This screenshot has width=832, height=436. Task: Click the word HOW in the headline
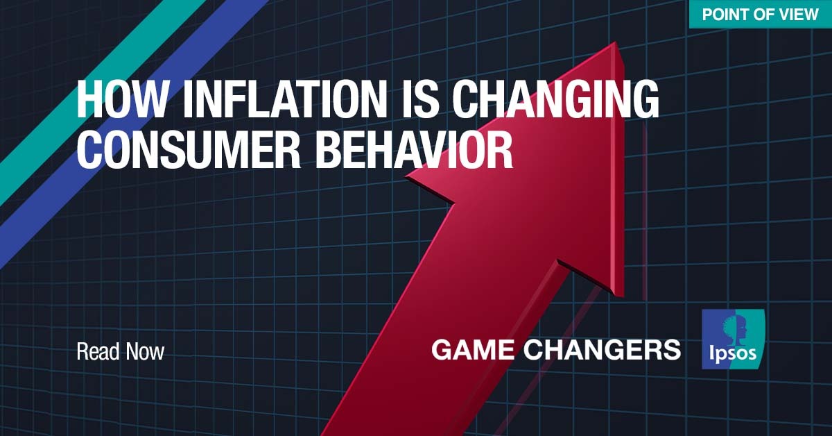coord(121,100)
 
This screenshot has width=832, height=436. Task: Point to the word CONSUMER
coord(189,151)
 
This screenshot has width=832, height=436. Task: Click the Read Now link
coord(121,351)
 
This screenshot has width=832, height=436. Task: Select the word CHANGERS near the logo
coord(602,350)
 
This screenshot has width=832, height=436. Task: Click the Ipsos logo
coord(734,339)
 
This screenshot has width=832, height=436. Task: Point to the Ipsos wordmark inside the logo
coord(732,353)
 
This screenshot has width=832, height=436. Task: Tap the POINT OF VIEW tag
coord(761,14)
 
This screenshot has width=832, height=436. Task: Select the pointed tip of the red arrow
coord(615,42)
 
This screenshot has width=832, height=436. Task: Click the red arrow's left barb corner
coord(407,176)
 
